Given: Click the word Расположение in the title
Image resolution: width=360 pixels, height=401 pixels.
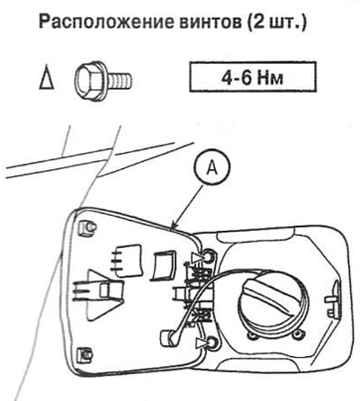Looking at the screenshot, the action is [x=106, y=22].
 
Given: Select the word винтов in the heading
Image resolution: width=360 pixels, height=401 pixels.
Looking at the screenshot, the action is [x=211, y=22].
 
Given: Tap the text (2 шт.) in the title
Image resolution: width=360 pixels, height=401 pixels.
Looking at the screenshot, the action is [x=277, y=22].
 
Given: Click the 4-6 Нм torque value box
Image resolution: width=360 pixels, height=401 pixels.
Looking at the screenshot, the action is [x=253, y=76].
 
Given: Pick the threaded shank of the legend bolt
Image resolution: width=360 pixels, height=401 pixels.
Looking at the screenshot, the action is [x=119, y=79].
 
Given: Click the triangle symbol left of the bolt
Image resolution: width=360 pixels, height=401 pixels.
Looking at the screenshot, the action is [x=47, y=80].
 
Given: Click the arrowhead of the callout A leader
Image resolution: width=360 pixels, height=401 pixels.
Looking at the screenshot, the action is [x=173, y=227].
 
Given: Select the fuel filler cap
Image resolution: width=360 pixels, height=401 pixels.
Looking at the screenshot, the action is [x=273, y=303].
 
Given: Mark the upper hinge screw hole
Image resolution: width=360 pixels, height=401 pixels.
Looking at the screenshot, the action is [x=208, y=257].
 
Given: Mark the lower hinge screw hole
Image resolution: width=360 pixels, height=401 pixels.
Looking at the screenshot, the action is [x=212, y=343].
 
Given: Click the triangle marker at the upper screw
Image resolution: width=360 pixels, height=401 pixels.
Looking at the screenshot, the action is [x=197, y=257].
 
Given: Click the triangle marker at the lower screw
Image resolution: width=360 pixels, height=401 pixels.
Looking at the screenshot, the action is [x=201, y=343].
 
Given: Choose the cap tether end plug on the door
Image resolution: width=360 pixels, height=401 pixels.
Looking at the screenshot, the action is [x=169, y=338].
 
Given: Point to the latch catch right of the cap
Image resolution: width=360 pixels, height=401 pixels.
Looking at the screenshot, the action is [x=332, y=299].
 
